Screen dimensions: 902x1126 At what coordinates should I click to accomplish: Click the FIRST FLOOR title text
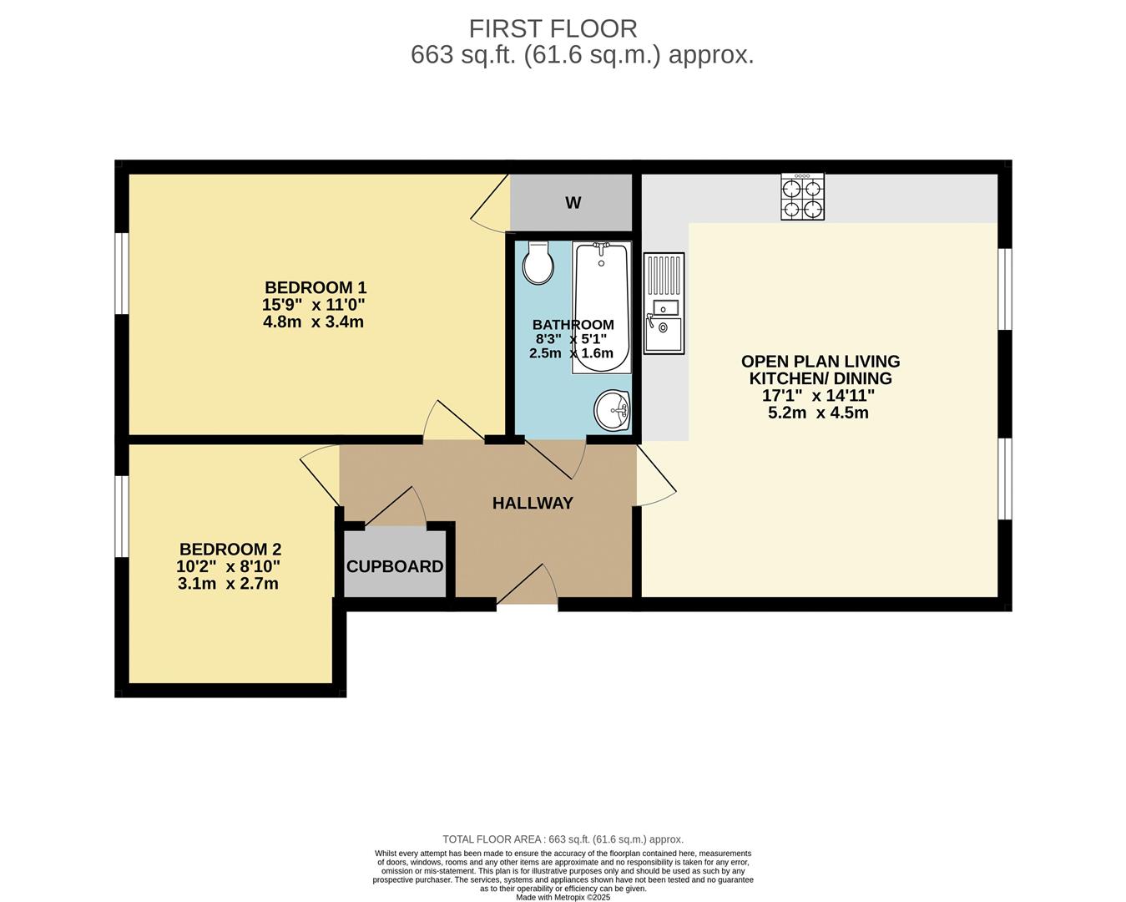pyautogui.click(x=553, y=28)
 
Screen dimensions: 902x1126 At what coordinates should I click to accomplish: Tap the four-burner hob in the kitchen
pyautogui.click(x=802, y=197)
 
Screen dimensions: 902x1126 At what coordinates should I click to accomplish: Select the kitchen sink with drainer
pyautogui.click(x=664, y=303)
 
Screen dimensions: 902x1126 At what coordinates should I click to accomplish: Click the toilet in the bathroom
pyautogui.click(x=538, y=264)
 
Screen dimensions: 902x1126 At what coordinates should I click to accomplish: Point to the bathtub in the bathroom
pyautogui.click(x=601, y=307)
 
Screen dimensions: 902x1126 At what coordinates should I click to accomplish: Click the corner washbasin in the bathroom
pyautogui.click(x=613, y=410)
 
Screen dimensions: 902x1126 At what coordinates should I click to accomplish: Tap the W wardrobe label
pyautogui.click(x=573, y=203)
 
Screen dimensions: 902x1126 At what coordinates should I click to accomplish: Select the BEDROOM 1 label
pyautogui.click(x=316, y=288)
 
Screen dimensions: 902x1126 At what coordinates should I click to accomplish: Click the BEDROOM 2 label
pyautogui.click(x=230, y=550)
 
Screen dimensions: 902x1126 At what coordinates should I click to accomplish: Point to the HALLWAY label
pyautogui.click(x=533, y=503)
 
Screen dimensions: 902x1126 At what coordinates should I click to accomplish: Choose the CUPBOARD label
pyautogui.click(x=395, y=566)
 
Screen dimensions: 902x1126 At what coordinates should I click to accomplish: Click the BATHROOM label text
pyautogui.click(x=573, y=325)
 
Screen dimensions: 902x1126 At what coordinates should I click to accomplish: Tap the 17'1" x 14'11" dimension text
pyautogui.click(x=818, y=396)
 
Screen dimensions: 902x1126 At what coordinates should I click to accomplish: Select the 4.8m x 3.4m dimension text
pyautogui.click(x=313, y=322)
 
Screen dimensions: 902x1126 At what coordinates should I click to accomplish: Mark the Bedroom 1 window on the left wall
pyautogui.click(x=122, y=273)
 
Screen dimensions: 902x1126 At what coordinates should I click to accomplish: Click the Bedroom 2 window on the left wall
pyautogui.click(x=122, y=515)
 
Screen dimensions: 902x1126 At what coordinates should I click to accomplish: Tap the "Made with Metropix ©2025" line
pyautogui.click(x=563, y=897)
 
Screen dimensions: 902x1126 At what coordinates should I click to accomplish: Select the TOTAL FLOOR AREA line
pyautogui.click(x=563, y=839)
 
